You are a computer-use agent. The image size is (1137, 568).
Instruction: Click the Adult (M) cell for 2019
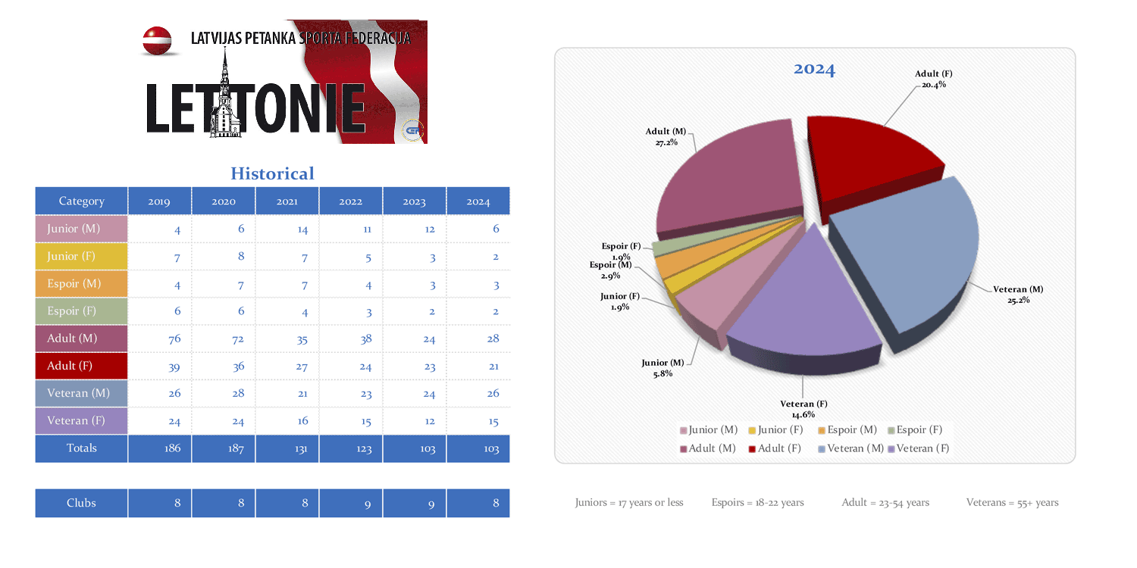[x=159, y=339]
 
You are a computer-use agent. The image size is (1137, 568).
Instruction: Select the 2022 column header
[x=350, y=201]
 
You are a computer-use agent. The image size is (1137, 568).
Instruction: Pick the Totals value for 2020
[x=224, y=448]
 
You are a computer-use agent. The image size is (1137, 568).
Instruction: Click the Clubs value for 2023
[x=415, y=504]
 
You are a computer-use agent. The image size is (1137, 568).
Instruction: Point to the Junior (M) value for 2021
[x=287, y=229]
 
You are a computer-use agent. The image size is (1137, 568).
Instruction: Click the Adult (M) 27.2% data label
[x=666, y=137]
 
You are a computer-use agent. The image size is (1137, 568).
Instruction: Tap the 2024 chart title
[x=814, y=70]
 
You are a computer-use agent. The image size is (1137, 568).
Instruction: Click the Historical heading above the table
[x=272, y=173]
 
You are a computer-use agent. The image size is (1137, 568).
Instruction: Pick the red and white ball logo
[x=157, y=40]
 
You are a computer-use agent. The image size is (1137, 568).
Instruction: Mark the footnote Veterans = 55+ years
[x=1012, y=502]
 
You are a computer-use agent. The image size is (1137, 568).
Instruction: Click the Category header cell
[x=81, y=201]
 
